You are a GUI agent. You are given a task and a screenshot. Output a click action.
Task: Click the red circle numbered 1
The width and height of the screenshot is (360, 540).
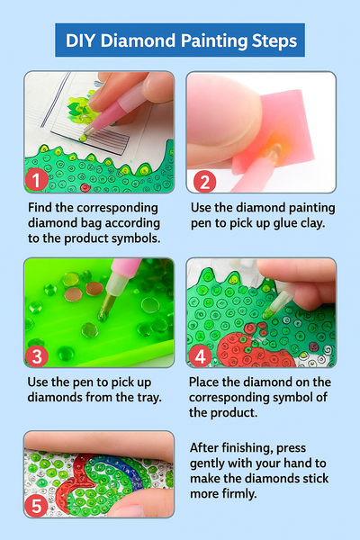(x=37, y=179)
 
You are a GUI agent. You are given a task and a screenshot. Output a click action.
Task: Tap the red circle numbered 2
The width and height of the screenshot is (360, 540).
(x=204, y=181)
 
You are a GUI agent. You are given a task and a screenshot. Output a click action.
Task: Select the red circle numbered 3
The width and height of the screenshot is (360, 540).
(x=37, y=356)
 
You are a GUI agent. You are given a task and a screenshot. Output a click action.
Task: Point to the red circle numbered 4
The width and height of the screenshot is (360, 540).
(x=200, y=356)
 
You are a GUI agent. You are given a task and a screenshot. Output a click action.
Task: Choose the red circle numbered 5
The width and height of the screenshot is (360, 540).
(x=36, y=506)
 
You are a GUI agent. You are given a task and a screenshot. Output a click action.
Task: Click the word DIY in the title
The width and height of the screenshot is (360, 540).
(x=81, y=40)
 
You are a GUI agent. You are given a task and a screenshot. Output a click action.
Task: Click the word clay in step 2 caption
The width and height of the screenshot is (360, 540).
(x=313, y=223)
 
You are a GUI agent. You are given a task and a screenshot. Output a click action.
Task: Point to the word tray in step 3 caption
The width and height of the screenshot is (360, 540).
(x=149, y=398)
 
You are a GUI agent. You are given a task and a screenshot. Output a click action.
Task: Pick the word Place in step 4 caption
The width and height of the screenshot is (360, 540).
(x=204, y=382)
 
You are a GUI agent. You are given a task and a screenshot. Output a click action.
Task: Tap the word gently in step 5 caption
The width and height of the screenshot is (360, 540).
(x=207, y=463)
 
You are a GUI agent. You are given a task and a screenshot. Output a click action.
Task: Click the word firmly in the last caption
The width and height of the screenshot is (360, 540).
(x=238, y=493)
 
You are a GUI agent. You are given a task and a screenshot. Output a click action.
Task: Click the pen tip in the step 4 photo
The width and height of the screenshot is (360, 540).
(x=267, y=312)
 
